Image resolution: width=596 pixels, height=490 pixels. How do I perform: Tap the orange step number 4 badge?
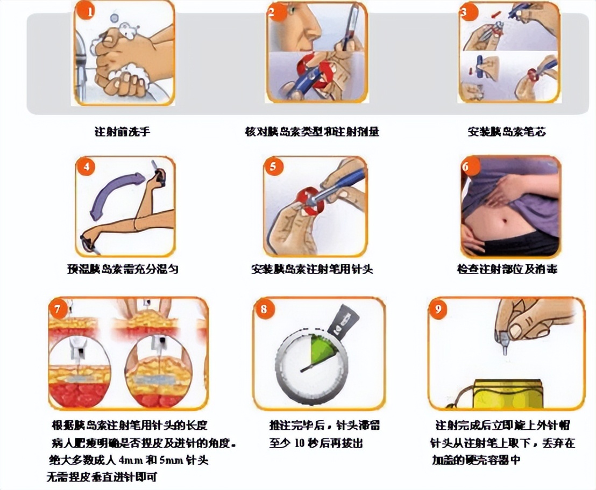[x=87, y=167]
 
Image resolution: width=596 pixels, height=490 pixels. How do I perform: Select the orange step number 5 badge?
[x=273, y=167]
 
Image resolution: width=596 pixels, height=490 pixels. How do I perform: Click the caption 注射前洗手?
[x=122, y=132]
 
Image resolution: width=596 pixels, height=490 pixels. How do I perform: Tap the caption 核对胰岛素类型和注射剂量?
[x=312, y=132]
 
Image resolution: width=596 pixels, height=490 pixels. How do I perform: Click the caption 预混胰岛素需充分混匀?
[x=123, y=269]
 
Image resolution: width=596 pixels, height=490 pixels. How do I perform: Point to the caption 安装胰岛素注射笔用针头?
[x=312, y=269]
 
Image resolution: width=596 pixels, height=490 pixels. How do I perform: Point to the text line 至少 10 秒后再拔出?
[x=316, y=444]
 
